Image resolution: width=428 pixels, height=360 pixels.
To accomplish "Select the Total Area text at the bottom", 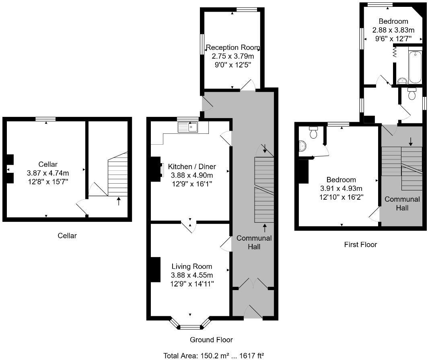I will click(x=214, y=355).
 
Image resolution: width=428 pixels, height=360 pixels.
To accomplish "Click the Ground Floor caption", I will click(x=211, y=340).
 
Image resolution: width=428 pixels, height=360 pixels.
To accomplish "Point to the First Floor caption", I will click(x=360, y=244).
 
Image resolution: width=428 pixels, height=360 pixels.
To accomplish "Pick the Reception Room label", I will click(x=233, y=48).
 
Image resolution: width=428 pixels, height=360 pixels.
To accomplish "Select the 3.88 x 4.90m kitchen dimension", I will click(x=192, y=175).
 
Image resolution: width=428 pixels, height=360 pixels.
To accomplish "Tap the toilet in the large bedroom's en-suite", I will click(x=313, y=132).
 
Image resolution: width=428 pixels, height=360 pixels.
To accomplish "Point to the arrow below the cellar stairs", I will click(x=118, y=201).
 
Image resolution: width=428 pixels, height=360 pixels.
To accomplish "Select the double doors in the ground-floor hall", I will click(x=253, y=284).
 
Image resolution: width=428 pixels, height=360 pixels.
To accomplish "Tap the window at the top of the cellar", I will click(x=45, y=119).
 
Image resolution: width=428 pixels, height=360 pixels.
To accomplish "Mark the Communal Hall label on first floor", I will click(x=402, y=203).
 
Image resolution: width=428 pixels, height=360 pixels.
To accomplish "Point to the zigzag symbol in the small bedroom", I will click(x=395, y=51).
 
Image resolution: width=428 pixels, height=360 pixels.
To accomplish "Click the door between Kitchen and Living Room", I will click(x=189, y=226).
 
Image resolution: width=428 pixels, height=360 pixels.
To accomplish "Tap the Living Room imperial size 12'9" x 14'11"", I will click(x=192, y=284).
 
